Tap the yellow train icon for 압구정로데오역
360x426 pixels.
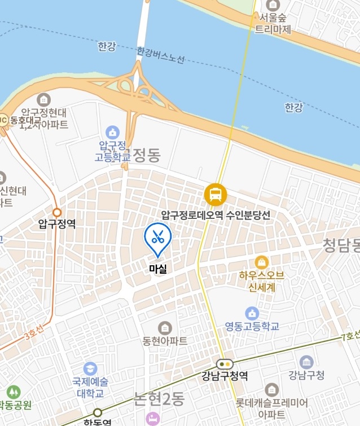tap(216, 195)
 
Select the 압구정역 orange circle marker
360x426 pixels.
tap(57, 213)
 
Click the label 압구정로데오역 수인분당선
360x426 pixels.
tap(216, 215)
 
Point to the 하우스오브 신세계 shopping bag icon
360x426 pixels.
tap(261, 262)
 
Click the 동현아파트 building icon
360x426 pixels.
tap(165, 328)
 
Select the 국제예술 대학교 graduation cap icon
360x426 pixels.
tap(90, 370)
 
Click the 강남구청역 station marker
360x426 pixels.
tap(225, 364)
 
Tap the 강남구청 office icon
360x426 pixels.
tap(306, 362)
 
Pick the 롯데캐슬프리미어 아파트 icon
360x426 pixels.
tap(272, 389)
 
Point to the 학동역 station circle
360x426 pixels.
tap(98, 412)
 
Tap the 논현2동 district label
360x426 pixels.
tap(159, 398)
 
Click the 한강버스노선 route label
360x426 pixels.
tap(161, 55)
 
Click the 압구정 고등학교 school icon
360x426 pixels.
tap(113, 133)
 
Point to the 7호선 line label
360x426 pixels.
tap(350, 336)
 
